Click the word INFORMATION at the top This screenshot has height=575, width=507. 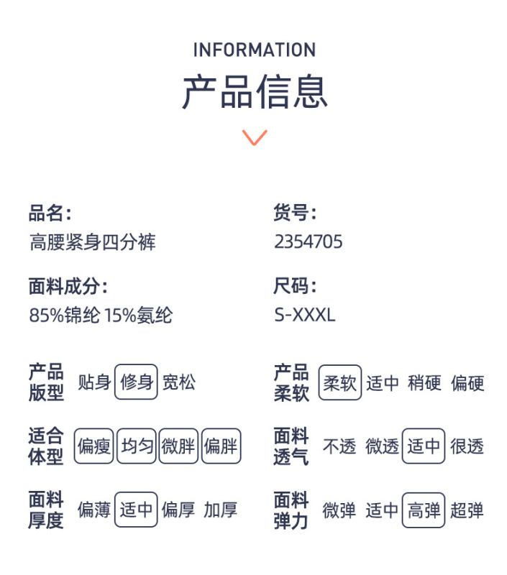point(255,50)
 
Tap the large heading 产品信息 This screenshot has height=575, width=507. point(255,92)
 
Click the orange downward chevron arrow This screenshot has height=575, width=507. point(255,137)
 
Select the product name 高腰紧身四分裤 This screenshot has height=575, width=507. point(93,242)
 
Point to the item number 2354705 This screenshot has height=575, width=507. point(309,241)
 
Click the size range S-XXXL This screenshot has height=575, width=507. point(305,315)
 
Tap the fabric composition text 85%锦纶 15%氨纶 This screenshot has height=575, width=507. point(101,315)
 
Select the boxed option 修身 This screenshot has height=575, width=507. point(136,382)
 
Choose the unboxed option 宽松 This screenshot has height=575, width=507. point(179,382)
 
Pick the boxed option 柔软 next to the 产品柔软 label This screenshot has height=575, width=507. point(340,382)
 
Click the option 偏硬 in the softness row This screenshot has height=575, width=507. point(467,383)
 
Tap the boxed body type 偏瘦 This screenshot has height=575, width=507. point(93,446)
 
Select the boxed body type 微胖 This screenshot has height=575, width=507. point(178,446)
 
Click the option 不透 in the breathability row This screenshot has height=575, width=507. point(339,446)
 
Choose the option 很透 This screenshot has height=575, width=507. point(467,446)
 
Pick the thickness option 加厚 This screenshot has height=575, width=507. point(221,510)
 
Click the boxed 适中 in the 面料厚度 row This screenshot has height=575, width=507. point(136,510)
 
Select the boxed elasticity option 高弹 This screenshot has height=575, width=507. point(424,510)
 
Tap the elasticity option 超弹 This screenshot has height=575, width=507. point(467,510)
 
